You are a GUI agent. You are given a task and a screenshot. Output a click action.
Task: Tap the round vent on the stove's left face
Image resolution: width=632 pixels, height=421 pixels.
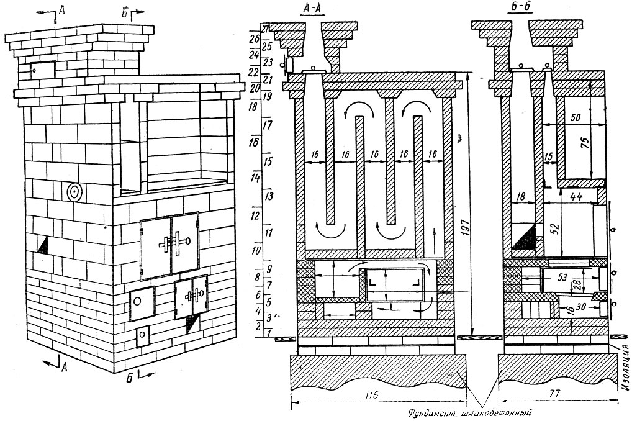click(74, 192)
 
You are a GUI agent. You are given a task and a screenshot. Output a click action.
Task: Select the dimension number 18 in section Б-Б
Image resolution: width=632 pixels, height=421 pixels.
click(521, 196)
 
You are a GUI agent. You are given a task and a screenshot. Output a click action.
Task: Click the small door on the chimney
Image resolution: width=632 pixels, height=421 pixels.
click(43, 70)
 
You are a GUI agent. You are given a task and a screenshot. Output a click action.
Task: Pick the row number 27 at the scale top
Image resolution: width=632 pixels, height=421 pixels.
click(266, 29)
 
